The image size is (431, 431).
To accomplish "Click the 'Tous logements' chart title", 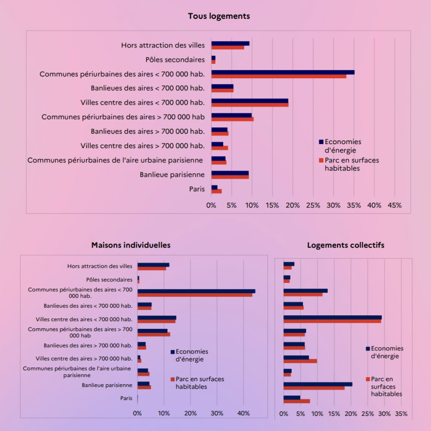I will (x=219, y=16).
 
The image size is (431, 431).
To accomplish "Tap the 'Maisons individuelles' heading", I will (x=131, y=245).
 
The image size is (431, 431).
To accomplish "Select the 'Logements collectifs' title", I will (x=346, y=245).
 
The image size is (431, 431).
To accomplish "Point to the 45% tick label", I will (x=394, y=206).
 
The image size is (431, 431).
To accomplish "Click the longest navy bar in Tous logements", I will (x=283, y=72).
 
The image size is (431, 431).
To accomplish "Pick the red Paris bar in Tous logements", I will (x=216, y=192).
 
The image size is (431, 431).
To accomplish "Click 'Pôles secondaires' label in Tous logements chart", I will (x=175, y=60).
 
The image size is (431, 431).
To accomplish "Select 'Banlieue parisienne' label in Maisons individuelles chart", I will (x=107, y=385).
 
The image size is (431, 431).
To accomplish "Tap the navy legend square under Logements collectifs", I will (x=368, y=348).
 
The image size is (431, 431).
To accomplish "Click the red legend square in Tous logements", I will (x=321, y=160).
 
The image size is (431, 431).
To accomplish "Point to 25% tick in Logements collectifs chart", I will (x=368, y=414).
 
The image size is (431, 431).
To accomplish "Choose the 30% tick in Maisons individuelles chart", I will (x=217, y=413).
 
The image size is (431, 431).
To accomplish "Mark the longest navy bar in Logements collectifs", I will (x=332, y=317).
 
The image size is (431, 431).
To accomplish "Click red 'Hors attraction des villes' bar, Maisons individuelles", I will (x=152, y=269).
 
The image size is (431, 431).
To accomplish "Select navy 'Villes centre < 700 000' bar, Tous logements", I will (x=250, y=101).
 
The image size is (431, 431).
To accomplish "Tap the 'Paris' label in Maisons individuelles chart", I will (x=126, y=398).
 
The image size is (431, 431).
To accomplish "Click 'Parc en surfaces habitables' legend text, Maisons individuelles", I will (x=200, y=383).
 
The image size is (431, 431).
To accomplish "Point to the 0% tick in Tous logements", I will (x=211, y=206).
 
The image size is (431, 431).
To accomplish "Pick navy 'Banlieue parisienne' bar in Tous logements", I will (x=230, y=173).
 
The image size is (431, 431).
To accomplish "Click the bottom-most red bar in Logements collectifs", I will (x=297, y=401).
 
